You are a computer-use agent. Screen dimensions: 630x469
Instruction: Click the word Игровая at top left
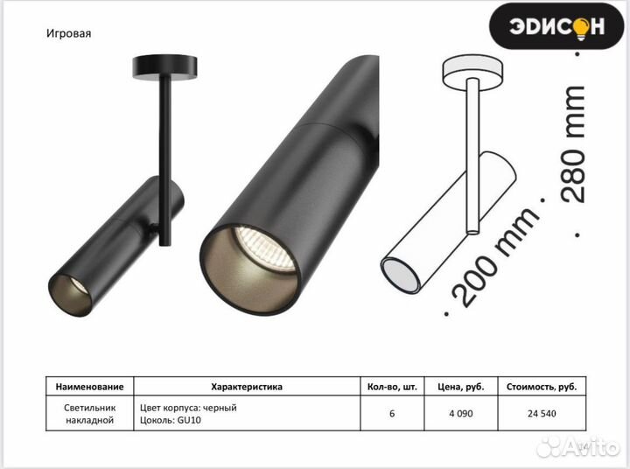click(69, 33)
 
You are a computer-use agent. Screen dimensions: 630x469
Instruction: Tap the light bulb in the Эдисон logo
click(581, 27)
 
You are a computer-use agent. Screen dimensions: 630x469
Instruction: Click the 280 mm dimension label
click(574, 143)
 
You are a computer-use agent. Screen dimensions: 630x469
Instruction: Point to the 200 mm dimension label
click(496, 257)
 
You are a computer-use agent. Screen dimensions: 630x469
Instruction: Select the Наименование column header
click(89, 387)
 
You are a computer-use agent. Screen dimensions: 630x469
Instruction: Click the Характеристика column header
click(247, 387)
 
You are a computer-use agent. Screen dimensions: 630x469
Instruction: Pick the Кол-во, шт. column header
click(392, 387)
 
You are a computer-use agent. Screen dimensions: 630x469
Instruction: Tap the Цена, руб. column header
click(461, 387)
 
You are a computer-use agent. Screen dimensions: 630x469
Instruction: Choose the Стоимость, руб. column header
click(542, 387)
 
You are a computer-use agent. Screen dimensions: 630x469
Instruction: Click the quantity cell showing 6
click(392, 414)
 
